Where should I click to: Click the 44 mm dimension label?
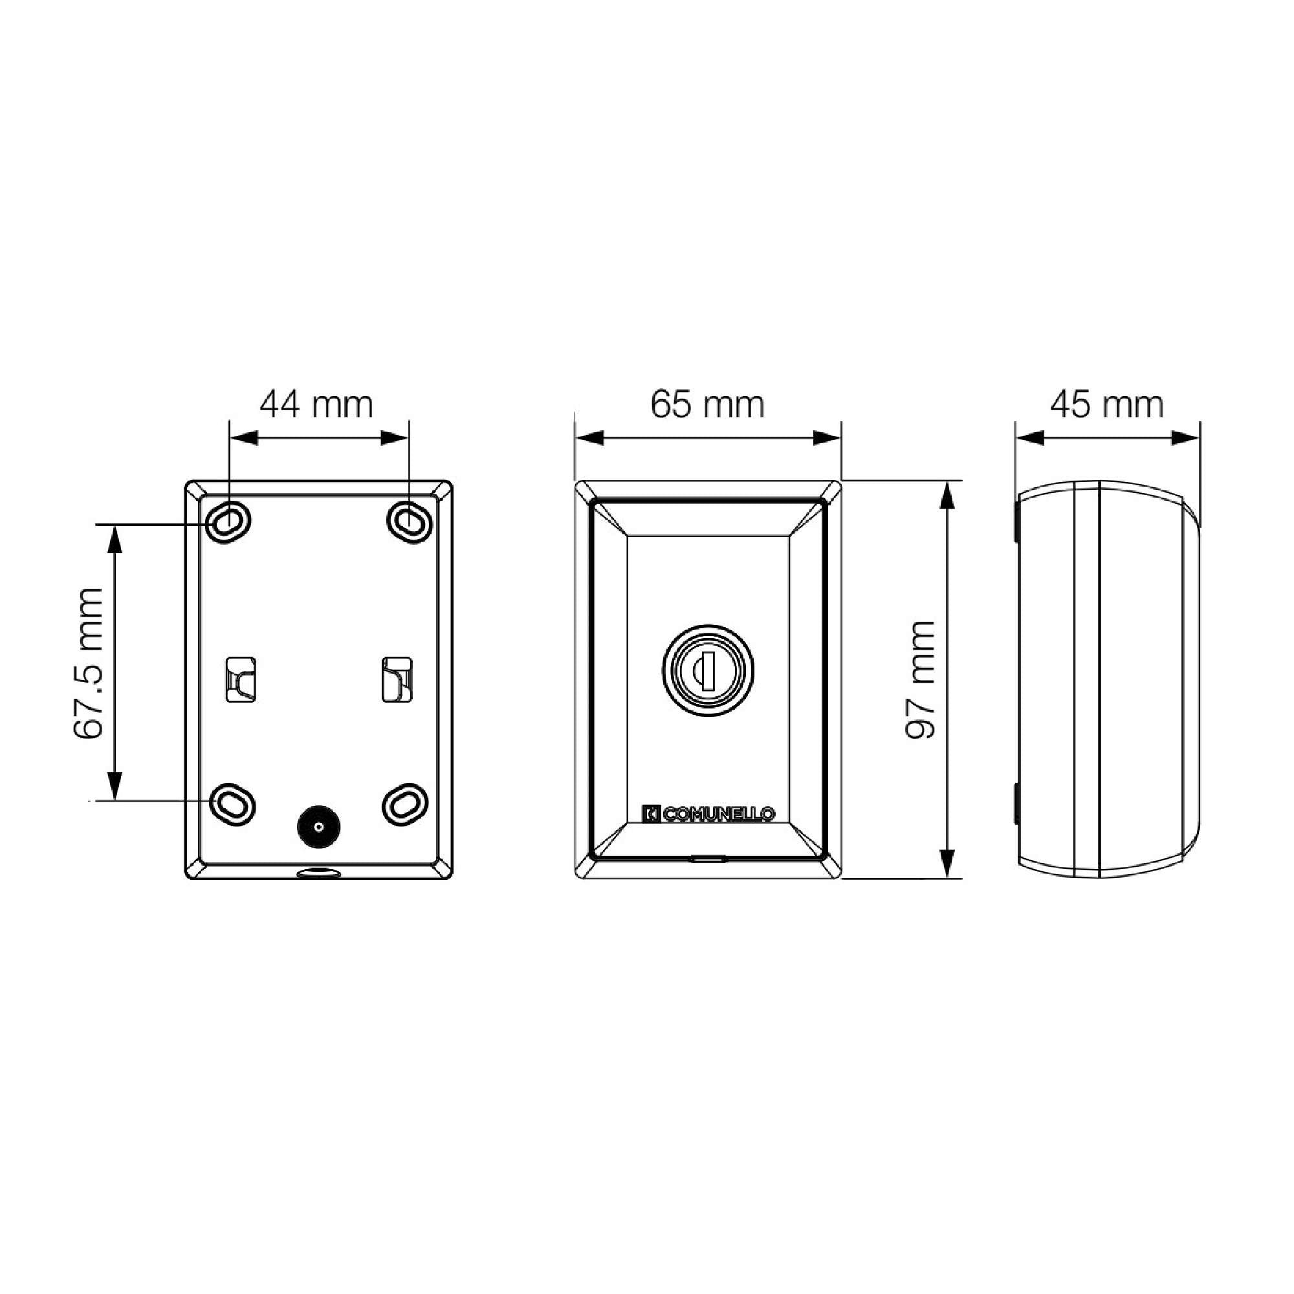tap(316, 405)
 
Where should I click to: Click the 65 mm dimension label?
tap(707, 405)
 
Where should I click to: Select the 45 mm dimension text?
tap(1106, 405)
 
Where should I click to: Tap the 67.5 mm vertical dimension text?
tap(89, 664)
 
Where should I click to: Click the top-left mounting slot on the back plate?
tap(228, 520)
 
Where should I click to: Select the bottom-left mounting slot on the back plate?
tap(232, 803)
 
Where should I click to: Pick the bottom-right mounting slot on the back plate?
tap(404, 803)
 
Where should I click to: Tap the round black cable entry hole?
tap(318, 826)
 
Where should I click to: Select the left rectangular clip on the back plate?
tap(241, 679)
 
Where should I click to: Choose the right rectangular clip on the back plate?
tap(397, 679)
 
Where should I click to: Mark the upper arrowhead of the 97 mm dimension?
tap(947, 496)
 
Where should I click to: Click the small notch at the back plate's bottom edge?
tap(318, 873)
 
